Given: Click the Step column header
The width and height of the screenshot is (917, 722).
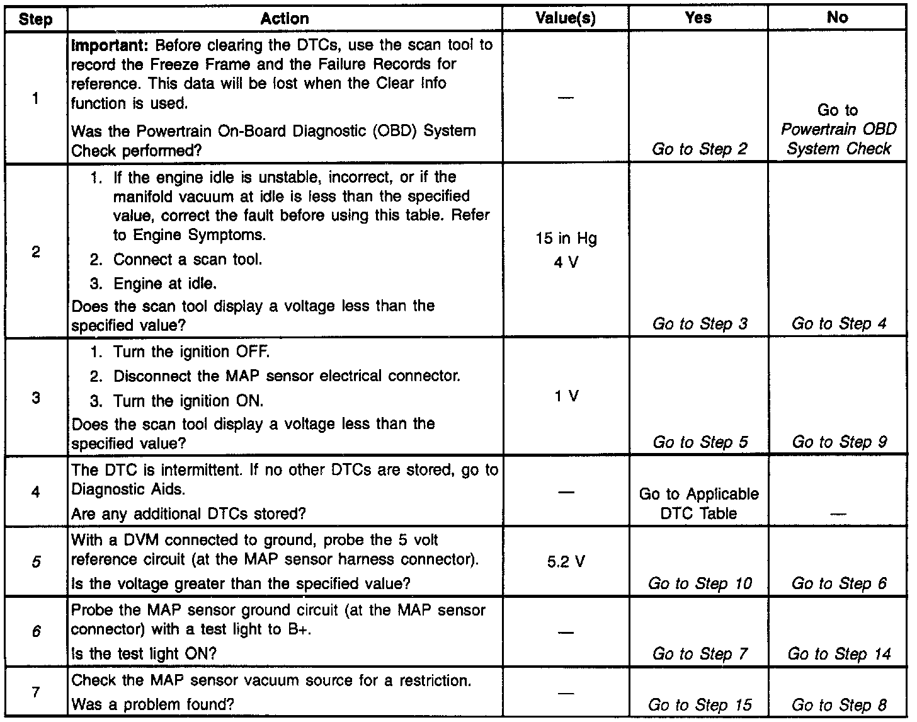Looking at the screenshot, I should tap(35, 19).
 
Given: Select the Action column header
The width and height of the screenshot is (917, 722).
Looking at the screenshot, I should tap(285, 19).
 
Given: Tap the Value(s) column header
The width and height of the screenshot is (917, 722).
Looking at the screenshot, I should tap(566, 19).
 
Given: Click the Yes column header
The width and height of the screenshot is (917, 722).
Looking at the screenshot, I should tap(698, 18).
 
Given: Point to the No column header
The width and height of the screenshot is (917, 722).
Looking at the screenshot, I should tap(837, 18).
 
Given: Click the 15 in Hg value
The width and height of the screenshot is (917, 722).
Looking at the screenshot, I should tap(566, 239).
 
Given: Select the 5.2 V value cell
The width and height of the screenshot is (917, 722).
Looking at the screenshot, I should tap(566, 561).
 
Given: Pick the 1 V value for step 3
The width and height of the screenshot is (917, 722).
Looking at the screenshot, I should tap(566, 396).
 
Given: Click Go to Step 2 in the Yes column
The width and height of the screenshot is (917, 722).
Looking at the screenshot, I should tap(700, 149).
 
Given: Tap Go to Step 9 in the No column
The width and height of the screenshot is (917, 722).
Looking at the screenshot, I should tap(839, 442).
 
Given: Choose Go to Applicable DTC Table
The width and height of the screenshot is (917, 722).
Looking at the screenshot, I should tap(698, 503).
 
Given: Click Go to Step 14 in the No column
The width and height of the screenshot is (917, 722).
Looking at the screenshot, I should tap(839, 654).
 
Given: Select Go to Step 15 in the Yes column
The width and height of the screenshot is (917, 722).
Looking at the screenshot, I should tap(700, 705).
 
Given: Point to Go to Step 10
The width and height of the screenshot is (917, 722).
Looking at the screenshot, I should tap(700, 583).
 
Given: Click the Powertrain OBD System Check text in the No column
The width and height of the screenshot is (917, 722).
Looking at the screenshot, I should tap(838, 139).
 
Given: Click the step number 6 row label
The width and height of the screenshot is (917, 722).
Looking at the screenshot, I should tap(36, 631).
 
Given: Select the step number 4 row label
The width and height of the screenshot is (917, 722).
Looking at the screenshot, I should tap(36, 491).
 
